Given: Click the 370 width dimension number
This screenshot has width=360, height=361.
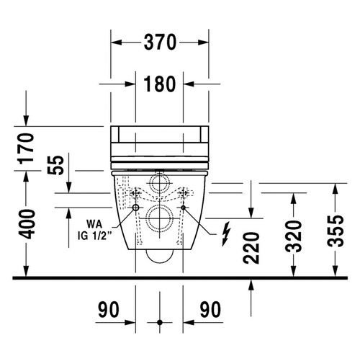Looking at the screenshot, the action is click(x=160, y=43).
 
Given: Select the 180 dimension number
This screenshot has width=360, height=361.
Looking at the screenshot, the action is click(x=160, y=84).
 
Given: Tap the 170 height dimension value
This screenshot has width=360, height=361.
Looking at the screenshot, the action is click(x=27, y=148).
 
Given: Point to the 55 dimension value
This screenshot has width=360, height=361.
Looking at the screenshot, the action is click(x=55, y=166).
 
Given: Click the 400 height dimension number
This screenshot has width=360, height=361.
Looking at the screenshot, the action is click(x=27, y=224).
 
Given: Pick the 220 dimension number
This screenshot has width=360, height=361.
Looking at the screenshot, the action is click(x=251, y=248).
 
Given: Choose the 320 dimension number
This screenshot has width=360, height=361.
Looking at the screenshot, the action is click(x=293, y=236).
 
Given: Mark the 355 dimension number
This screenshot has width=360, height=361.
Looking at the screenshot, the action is click(x=336, y=231).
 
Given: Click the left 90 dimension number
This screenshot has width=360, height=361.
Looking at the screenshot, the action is click(x=109, y=310).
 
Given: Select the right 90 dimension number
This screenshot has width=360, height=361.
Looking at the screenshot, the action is click(x=210, y=310).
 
